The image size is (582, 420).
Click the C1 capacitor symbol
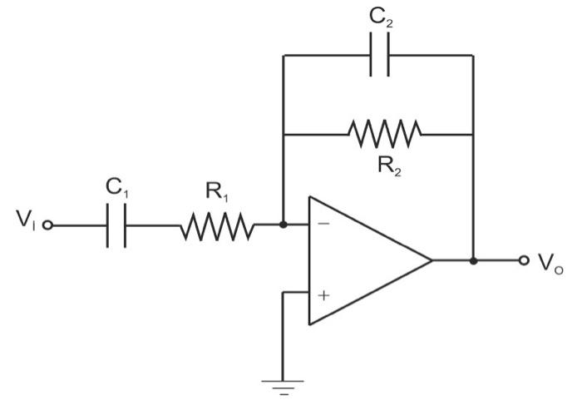click(x=116, y=225)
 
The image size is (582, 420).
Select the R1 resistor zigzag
click(x=216, y=225)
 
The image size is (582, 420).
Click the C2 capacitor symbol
click(x=379, y=56)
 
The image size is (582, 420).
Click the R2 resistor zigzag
click(x=384, y=132)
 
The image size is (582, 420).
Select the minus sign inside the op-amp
click(x=323, y=224)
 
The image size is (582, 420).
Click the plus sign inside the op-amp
click(x=323, y=294)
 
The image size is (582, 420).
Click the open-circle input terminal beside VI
click(x=47, y=225)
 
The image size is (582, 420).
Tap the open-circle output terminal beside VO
click(x=523, y=260)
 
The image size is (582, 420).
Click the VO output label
click(x=550, y=264)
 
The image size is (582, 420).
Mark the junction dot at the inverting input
click(x=284, y=225)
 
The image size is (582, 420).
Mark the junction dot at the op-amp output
click(x=473, y=260)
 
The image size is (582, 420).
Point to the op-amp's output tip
click(x=431, y=260)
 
